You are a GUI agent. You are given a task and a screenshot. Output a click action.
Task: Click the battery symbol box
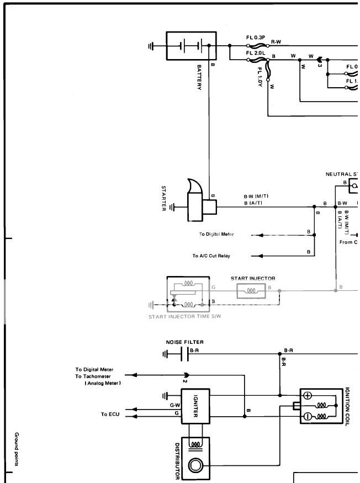click(191, 46)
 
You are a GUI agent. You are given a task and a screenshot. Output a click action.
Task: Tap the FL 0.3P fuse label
click(256, 38)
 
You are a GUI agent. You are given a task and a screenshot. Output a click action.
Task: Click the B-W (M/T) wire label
click(256, 197)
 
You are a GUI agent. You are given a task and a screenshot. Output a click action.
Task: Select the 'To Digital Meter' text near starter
click(216, 235)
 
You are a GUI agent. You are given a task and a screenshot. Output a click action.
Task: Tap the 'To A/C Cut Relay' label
click(211, 256)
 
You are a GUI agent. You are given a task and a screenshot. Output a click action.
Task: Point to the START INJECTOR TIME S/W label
click(180, 316)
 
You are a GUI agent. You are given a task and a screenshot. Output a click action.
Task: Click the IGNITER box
click(195, 407)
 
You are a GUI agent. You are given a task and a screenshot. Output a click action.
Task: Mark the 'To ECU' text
click(108, 414)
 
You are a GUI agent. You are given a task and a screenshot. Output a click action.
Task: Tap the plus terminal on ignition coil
click(308, 395)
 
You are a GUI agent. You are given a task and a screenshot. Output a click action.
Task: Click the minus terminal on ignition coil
click(308, 417)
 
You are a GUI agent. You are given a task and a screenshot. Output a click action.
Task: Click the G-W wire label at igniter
click(174, 405)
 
